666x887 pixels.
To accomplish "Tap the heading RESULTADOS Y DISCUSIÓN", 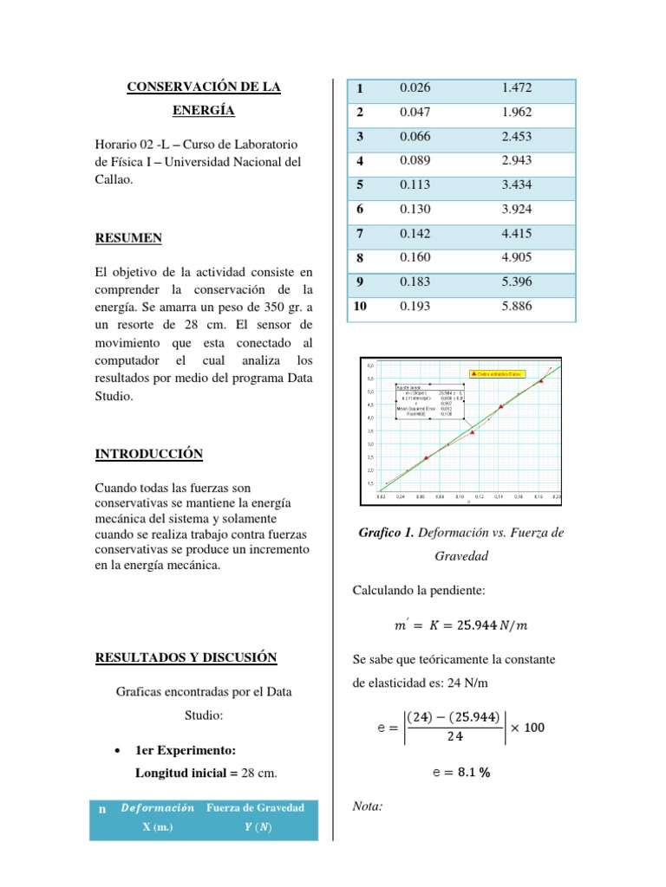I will pyautogui.click(x=186, y=657).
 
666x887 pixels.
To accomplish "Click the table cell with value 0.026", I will pyautogui.click(x=415, y=88).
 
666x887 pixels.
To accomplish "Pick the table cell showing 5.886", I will pyautogui.click(x=516, y=307).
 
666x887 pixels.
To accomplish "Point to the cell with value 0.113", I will pyautogui.click(x=415, y=185).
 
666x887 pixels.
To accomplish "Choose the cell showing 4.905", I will pyautogui.click(x=516, y=258).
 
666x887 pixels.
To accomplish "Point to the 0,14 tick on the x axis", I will pyautogui.click(x=499, y=497).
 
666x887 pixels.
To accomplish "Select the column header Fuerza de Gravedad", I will pyautogui.click(x=255, y=808).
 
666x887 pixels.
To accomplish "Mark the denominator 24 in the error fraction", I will pyautogui.click(x=454, y=736).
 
